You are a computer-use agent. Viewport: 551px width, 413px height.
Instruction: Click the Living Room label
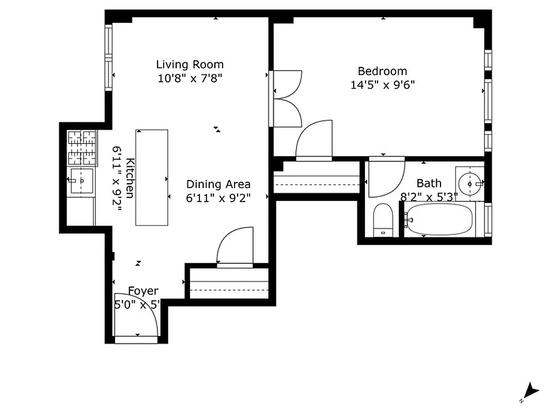pos(190,65)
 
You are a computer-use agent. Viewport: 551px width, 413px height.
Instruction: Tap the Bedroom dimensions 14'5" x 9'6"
pos(383,85)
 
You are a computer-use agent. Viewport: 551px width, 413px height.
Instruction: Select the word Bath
pos(429,183)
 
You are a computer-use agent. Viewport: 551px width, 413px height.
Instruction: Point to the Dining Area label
pos(218,184)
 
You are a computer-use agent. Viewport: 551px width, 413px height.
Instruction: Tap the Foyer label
pos(143,291)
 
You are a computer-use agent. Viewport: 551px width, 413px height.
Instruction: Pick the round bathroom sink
pos(470,182)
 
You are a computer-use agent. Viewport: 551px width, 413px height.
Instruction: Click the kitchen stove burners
pos(83,148)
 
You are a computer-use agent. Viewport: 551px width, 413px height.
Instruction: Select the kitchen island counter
pos(152,177)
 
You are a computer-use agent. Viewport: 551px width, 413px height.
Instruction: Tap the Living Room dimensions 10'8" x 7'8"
pos(190,78)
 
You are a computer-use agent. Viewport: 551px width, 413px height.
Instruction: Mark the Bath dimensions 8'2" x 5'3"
pos(429,197)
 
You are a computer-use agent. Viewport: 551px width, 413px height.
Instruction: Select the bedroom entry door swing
pos(314,140)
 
